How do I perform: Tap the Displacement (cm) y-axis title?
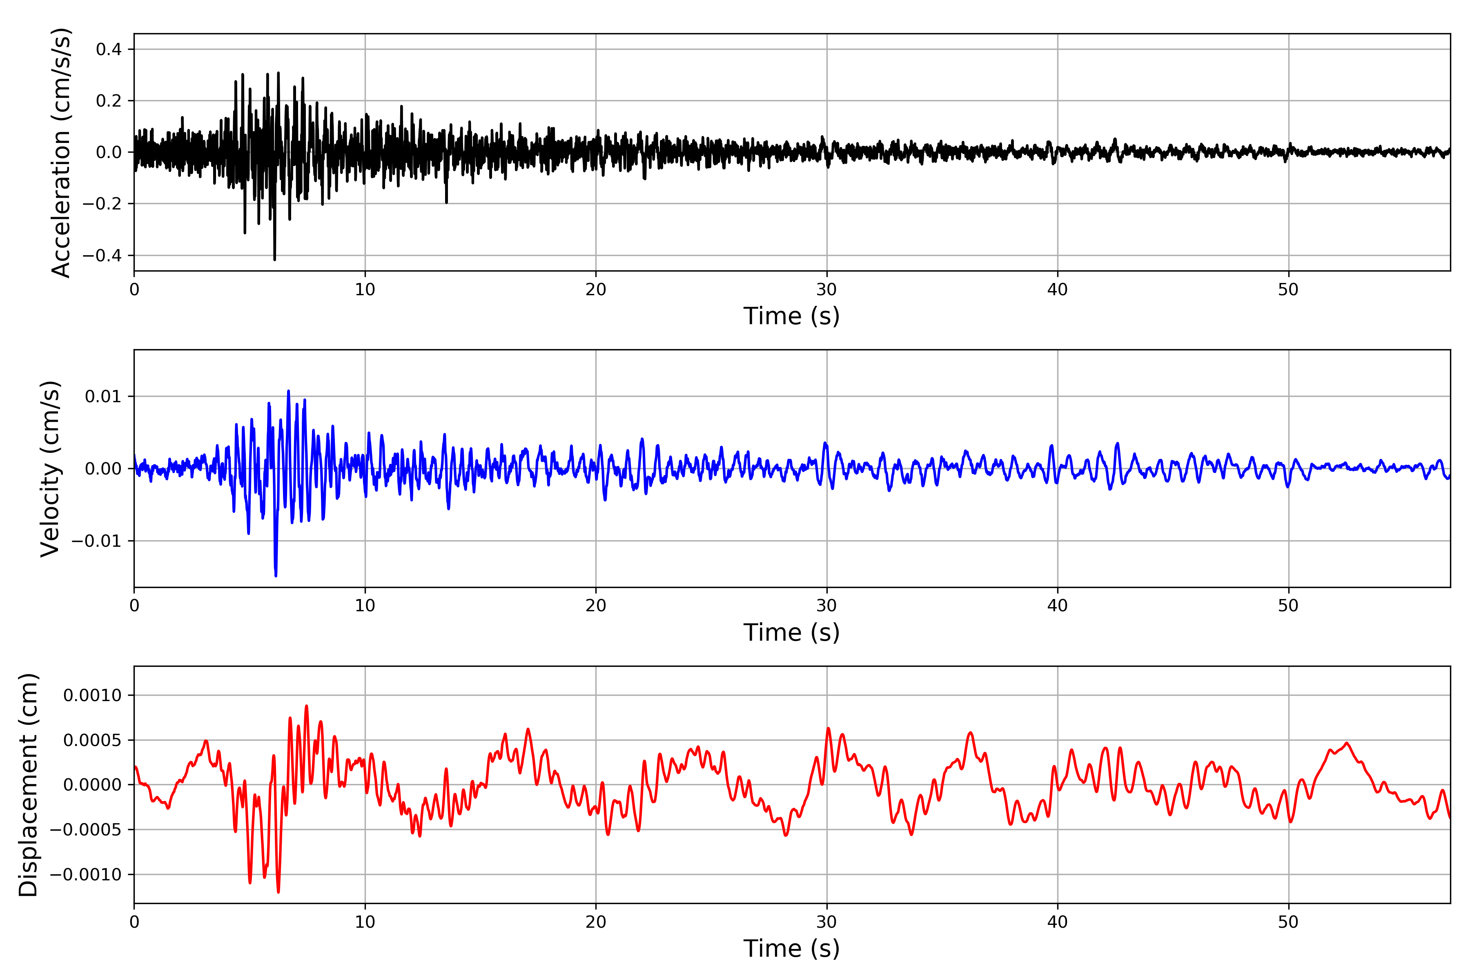(28, 784)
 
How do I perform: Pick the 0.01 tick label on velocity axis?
(103, 396)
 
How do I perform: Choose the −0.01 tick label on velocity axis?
(97, 541)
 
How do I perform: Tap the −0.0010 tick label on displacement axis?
(86, 874)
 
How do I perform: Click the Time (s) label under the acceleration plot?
(791, 316)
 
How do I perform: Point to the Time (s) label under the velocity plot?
(791, 633)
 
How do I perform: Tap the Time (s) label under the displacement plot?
(791, 949)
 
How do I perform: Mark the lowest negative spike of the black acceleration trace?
(274, 259)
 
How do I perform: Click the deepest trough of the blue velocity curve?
(276, 575)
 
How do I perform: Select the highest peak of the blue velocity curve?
(288, 391)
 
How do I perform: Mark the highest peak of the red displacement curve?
(306, 706)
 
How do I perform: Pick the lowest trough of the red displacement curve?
(278, 891)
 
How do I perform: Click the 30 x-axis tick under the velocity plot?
(826, 606)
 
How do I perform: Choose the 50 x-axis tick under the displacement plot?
(1288, 922)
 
